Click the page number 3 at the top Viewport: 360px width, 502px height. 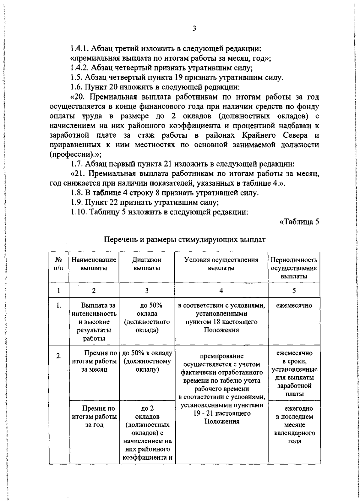tap(194, 29)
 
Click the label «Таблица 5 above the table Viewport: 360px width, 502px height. tap(298, 222)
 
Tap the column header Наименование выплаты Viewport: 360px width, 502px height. tap(94, 264)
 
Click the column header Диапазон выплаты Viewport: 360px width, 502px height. tap(147, 264)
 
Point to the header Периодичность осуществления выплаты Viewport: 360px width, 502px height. tap(294, 268)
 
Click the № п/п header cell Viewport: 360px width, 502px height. tap(59, 264)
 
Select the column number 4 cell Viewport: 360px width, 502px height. tap(221, 290)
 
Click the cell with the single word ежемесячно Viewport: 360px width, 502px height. tap(294, 306)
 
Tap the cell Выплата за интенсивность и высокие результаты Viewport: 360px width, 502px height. tap(94, 322)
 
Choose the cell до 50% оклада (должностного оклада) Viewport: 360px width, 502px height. tap(147, 318)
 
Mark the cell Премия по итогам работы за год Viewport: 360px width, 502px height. tap(94, 417)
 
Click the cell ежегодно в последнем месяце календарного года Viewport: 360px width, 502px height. tap(294, 425)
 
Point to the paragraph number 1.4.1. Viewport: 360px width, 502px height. tap(79, 48)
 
